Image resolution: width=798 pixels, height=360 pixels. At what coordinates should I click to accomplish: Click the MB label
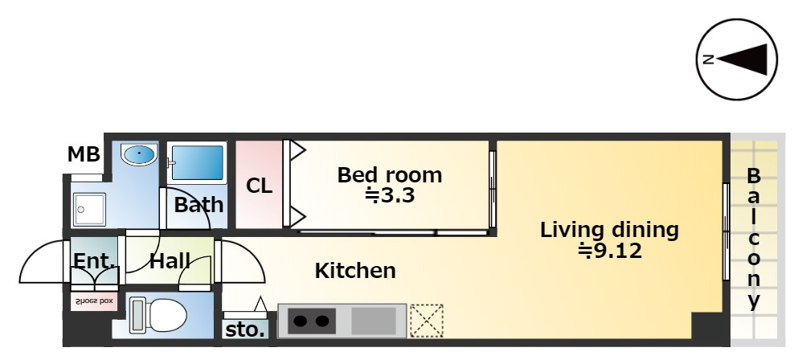coord(84,153)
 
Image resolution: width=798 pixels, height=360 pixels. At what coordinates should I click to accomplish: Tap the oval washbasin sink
coord(139,155)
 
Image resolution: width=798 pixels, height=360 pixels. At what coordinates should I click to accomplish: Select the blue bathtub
coord(197,163)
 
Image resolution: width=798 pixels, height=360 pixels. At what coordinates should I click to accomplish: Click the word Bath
coord(199,205)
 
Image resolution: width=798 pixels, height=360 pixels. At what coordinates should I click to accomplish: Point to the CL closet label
coord(259,186)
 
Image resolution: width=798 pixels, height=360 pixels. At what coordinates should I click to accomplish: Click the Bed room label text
coord(390,175)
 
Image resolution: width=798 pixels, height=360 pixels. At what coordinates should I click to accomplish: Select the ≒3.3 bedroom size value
coord(390,195)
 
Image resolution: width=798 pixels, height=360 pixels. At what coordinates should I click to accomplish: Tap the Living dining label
coord(609,230)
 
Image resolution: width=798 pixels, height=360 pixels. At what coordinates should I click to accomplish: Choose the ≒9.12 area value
coord(610,251)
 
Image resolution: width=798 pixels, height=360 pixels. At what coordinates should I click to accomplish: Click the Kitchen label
coord(355,271)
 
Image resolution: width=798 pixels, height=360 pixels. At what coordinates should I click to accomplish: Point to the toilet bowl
coord(159,316)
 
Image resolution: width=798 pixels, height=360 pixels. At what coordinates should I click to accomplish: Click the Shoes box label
coord(94,301)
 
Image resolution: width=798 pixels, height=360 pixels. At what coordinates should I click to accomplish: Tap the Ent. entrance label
coord(95,260)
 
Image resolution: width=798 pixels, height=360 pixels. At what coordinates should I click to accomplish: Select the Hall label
coord(170,261)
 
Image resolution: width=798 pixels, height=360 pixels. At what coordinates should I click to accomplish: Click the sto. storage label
coord(245,330)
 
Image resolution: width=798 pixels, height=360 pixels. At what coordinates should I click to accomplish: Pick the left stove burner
coord(299,321)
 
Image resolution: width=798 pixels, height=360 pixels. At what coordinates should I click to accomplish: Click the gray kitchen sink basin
coord(374,321)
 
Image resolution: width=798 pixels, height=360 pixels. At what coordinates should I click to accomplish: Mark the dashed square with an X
coord(427,321)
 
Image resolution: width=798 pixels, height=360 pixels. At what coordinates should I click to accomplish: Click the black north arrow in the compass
coord(742,59)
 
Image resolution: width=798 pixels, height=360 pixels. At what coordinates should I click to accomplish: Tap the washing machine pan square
coord(89,209)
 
